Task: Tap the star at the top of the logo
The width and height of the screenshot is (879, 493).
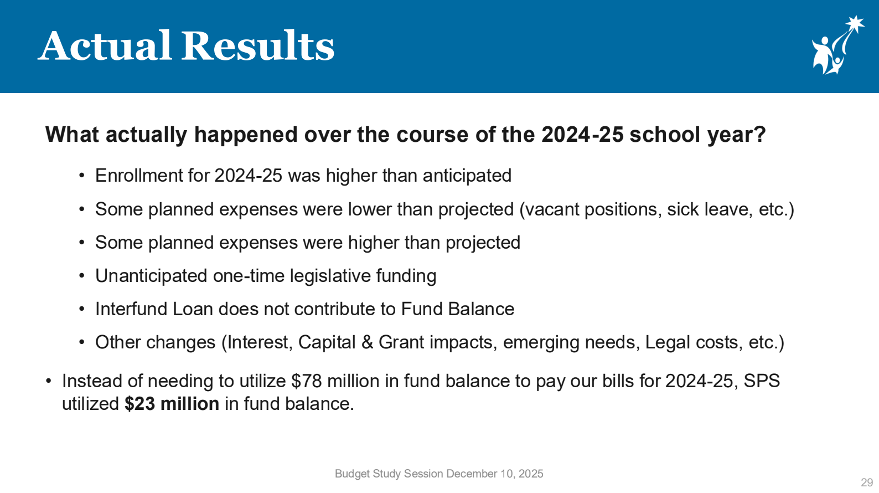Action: click(x=855, y=25)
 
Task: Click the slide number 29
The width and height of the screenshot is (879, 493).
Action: click(x=867, y=482)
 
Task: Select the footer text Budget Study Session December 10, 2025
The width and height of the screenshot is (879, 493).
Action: click(x=439, y=474)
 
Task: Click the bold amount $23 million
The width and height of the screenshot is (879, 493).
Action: click(x=172, y=404)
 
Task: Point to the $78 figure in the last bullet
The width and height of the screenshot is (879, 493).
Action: click(x=307, y=381)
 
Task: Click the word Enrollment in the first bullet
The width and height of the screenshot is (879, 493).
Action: click(x=138, y=175)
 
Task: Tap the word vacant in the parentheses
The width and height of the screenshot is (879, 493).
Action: click(x=552, y=209)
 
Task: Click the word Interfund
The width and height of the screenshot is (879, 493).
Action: click(x=131, y=309)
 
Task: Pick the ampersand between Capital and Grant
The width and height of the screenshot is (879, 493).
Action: click(x=367, y=342)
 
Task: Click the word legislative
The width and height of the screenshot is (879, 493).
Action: click(x=330, y=276)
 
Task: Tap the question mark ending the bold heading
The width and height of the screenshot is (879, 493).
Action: click(x=759, y=135)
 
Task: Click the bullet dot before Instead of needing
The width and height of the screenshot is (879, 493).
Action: click(x=48, y=381)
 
